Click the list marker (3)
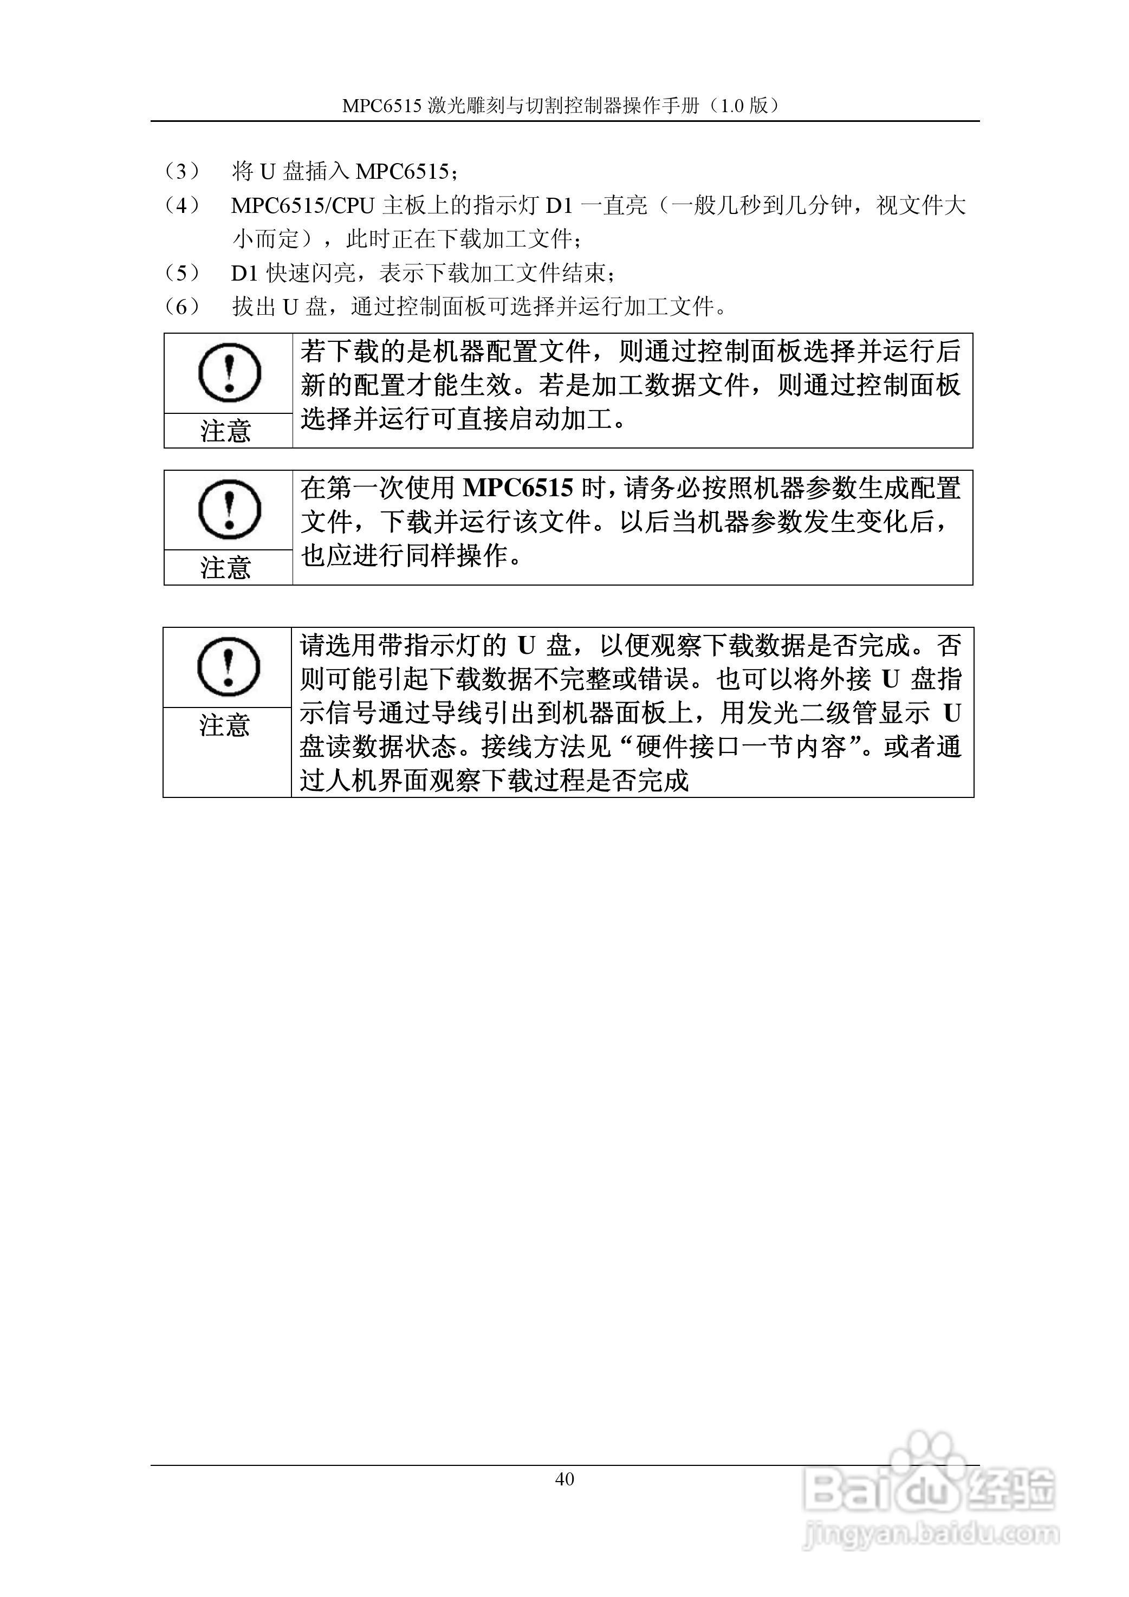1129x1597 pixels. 181,171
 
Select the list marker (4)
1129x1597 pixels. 181,205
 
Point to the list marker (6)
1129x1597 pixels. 181,306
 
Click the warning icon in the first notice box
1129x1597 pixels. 229,373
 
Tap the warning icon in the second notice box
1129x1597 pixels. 229,509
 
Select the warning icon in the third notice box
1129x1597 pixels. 228,666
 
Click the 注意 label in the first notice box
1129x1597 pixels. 225,431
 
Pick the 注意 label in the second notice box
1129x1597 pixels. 225,568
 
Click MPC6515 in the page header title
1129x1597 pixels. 382,106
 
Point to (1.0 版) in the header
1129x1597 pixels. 745,106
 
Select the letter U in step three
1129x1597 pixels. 267,171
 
